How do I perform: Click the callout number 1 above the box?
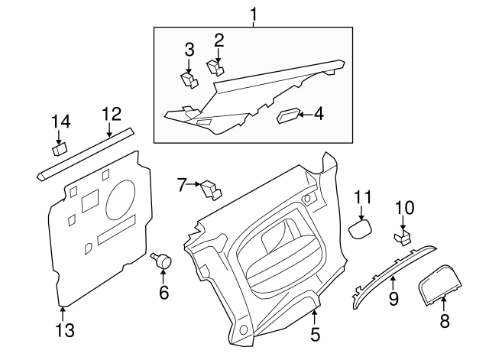click(254, 13)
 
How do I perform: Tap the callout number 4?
click(318, 114)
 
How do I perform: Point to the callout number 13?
click(65, 330)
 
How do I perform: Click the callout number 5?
click(316, 333)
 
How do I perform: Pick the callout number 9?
click(393, 298)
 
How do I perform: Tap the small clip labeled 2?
click(215, 68)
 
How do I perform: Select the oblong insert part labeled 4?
click(287, 115)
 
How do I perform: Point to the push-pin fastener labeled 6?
click(164, 259)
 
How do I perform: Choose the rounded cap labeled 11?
click(361, 228)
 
